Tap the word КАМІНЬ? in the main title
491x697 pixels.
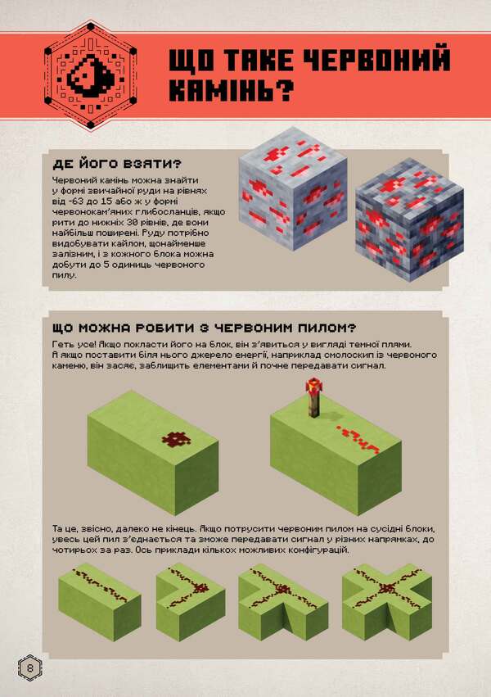pos(230,88)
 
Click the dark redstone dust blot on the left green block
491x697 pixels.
pos(174,440)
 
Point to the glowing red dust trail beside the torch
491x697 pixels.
pos(358,440)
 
